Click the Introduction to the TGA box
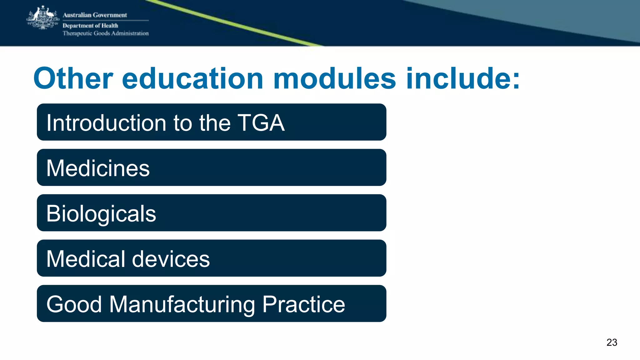pyautogui.click(x=212, y=122)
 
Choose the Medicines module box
pyautogui.click(x=212, y=167)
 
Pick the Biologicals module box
pyautogui.click(x=212, y=213)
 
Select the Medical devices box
pyautogui.click(x=212, y=258)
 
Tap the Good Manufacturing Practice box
pyautogui.click(x=212, y=303)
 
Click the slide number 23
pyautogui.click(x=612, y=342)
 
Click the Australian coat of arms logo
pyautogui.click(x=43, y=18)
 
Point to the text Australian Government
pyautogui.click(x=95, y=15)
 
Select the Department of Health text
pyautogui.click(x=90, y=26)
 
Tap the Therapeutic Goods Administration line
pyautogui.click(x=106, y=33)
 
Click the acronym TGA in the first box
pyautogui.click(x=261, y=122)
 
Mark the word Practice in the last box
pyautogui.click(x=303, y=304)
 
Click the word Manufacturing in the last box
pyautogui.click(x=182, y=305)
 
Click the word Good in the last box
pyautogui.click(x=74, y=304)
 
